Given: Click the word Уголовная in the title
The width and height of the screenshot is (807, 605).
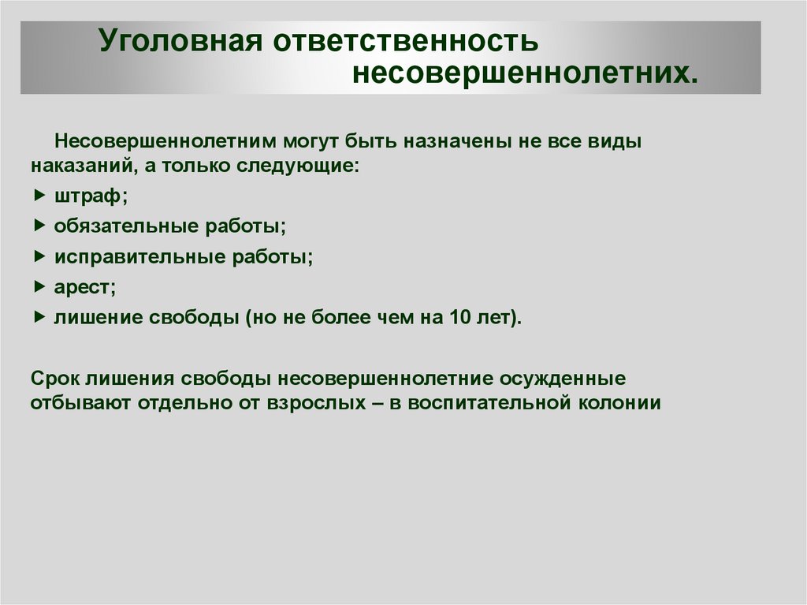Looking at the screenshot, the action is [180, 41].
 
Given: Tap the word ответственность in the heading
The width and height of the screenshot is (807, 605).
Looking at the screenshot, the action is [406, 41].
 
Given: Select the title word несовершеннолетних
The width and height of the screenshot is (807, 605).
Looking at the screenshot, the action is [525, 73].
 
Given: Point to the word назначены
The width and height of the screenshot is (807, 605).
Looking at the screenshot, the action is [458, 140].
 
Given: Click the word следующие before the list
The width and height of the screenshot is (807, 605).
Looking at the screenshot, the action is [297, 166].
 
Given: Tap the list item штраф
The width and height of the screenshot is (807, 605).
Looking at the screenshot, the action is [91, 196].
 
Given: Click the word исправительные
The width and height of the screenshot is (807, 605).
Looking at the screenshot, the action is [139, 256].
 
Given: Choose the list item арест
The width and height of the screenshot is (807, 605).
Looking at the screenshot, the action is [85, 287].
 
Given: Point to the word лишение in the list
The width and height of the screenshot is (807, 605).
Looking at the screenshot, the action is [97, 317].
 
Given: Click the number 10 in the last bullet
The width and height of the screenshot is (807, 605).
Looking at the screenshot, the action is [460, 317].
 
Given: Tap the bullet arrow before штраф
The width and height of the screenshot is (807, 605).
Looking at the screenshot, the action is [39, 196].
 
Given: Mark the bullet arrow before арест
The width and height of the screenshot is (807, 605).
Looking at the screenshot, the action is [39, 286].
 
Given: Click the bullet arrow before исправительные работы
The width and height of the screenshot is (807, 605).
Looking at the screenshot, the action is [39, 256].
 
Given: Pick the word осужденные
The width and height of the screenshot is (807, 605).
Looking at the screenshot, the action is [563, 379].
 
